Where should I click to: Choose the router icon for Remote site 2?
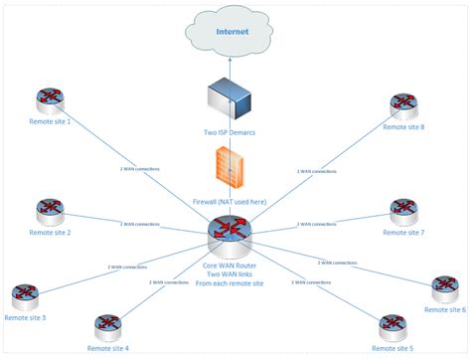[50, 212]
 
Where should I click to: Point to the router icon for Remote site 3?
[25, 295]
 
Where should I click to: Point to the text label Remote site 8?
[403, 126]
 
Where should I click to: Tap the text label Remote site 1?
[50, 121]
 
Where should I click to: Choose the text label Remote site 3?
[25, 317]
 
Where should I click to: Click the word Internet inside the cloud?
[235, 32]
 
